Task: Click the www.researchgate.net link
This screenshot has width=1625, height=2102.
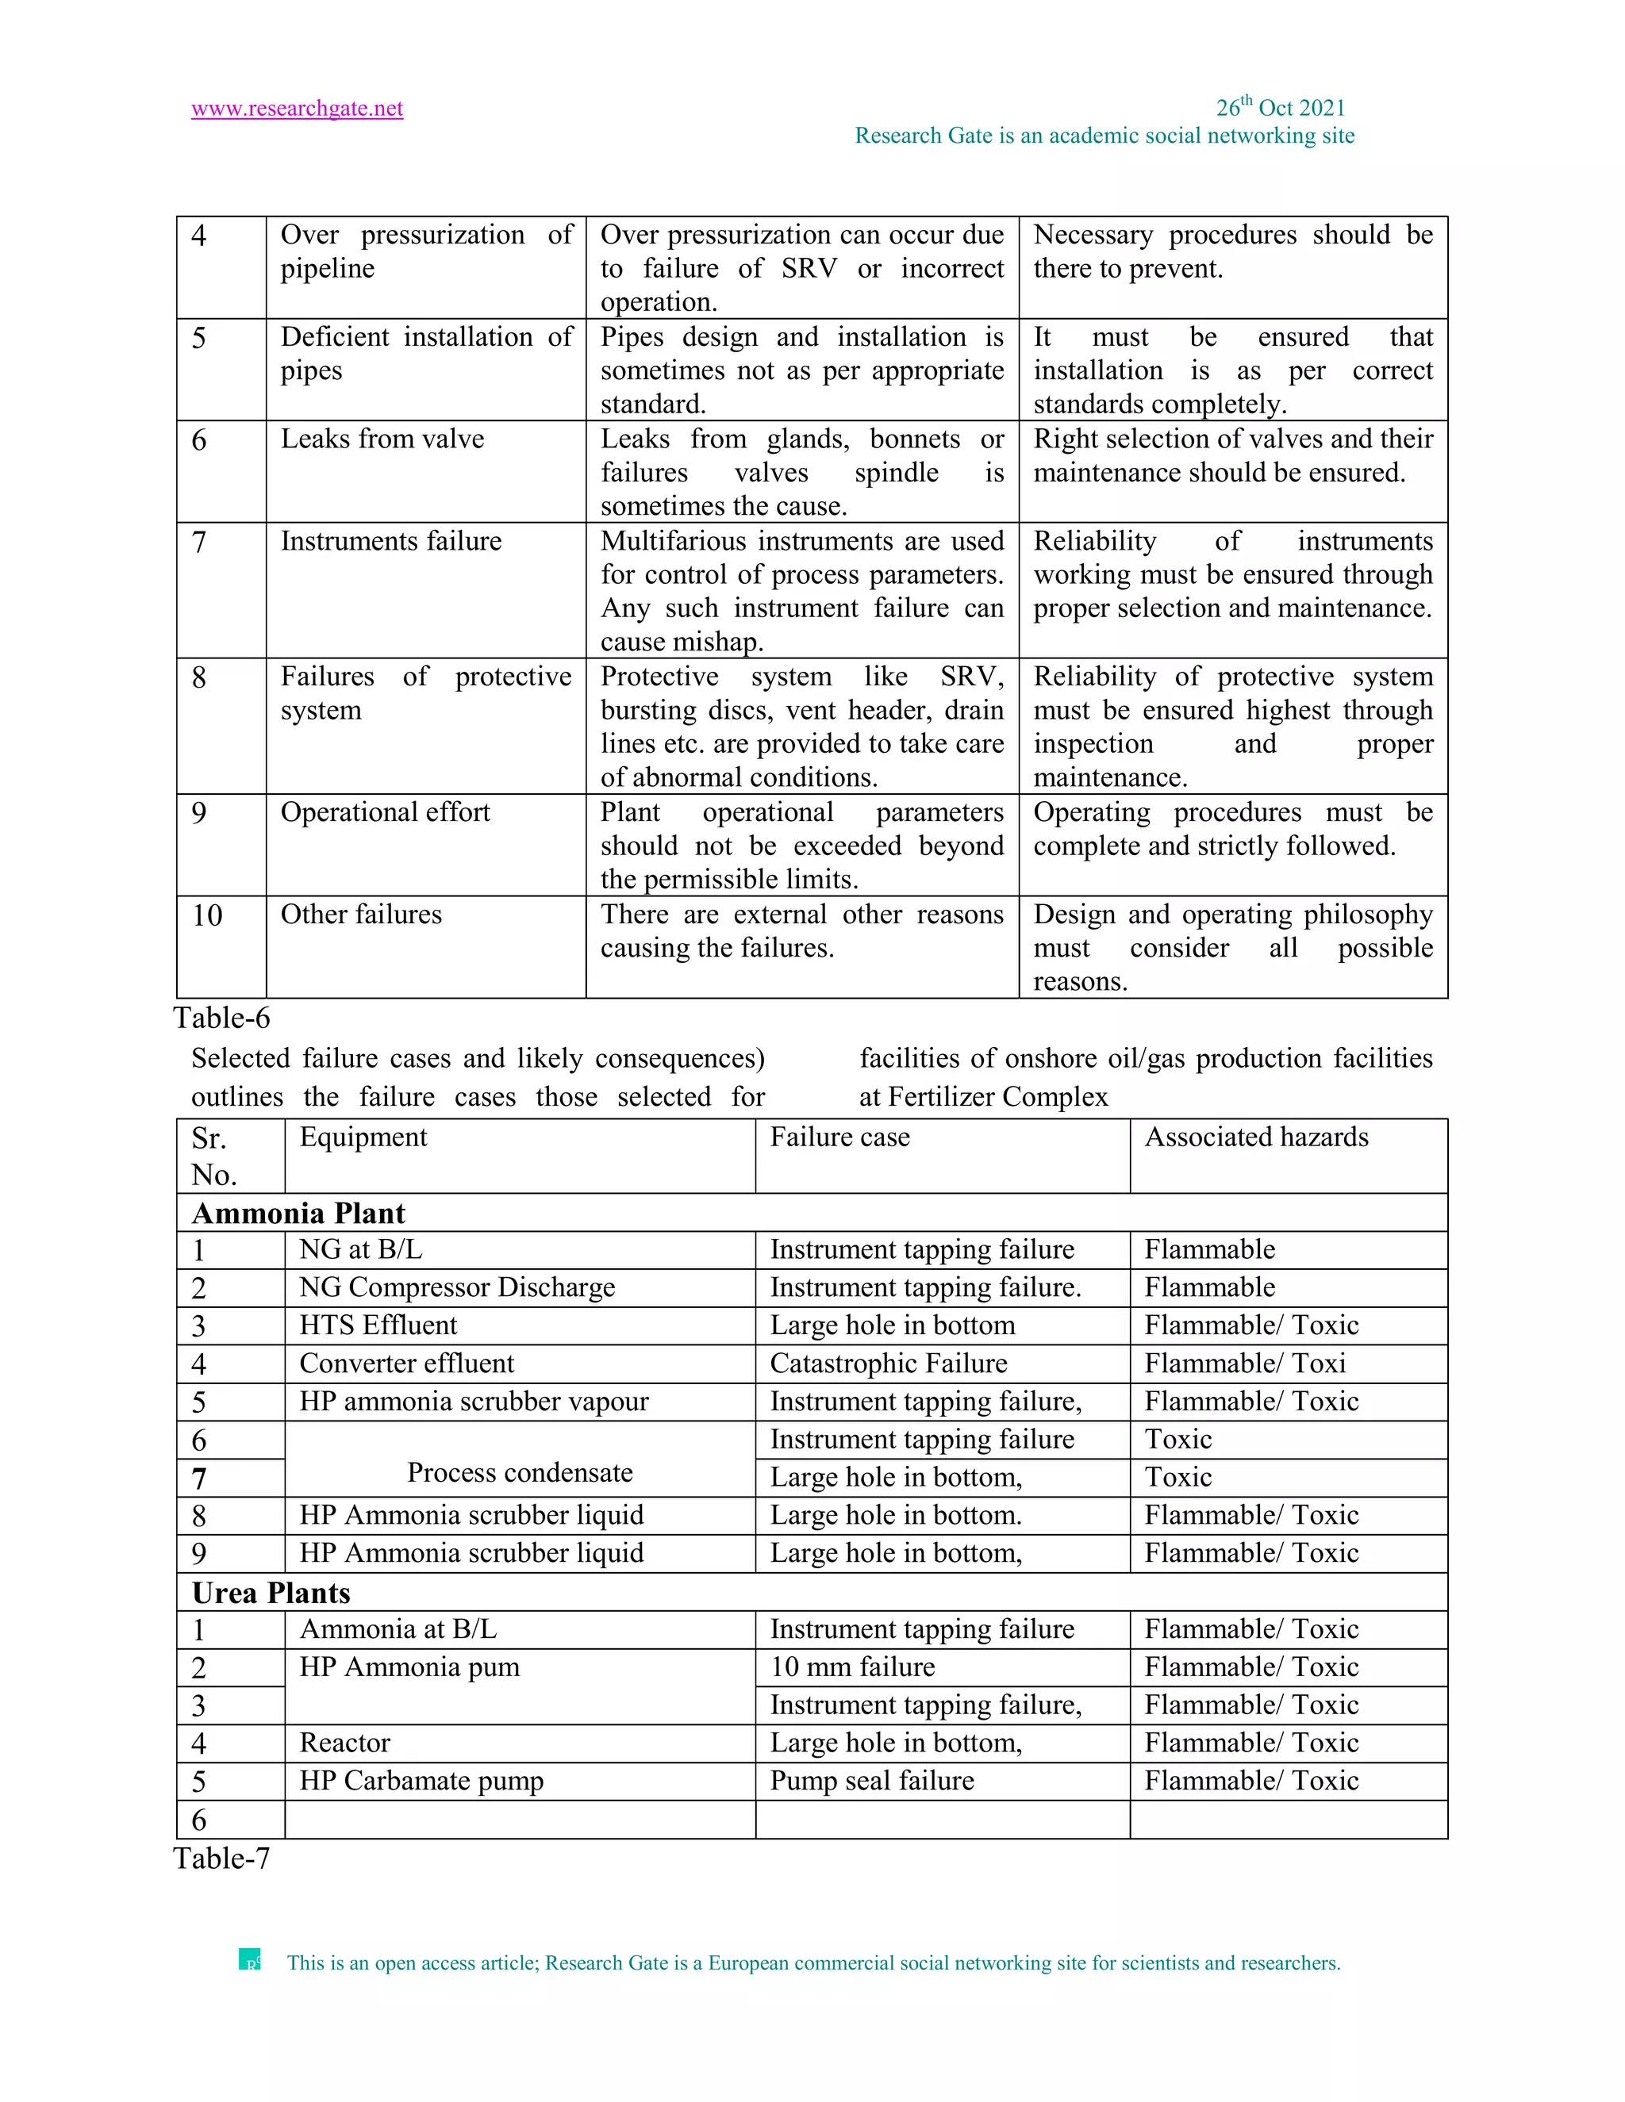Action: point(297,109)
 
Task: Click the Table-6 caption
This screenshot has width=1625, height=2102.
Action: point(221,1018)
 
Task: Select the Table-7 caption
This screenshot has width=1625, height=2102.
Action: point(221,1858)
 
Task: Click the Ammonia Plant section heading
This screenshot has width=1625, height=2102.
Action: point(298,1213)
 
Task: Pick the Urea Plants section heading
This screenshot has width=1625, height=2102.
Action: point(271,1593)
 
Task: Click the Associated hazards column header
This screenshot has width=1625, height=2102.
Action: point(1255,1137)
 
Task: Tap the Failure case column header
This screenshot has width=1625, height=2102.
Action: point(839,1137)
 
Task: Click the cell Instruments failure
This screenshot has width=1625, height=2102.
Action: point(391,541)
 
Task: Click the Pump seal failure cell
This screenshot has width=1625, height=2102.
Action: point(871,1781)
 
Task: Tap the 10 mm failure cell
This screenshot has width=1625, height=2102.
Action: point(852,1667)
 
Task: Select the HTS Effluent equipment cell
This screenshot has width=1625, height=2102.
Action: point(378,1325)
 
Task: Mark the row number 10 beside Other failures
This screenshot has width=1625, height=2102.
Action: point(207,915)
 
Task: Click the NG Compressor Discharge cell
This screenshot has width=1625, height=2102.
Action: point(456,1287)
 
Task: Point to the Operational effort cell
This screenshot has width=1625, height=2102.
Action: point(385,812)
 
